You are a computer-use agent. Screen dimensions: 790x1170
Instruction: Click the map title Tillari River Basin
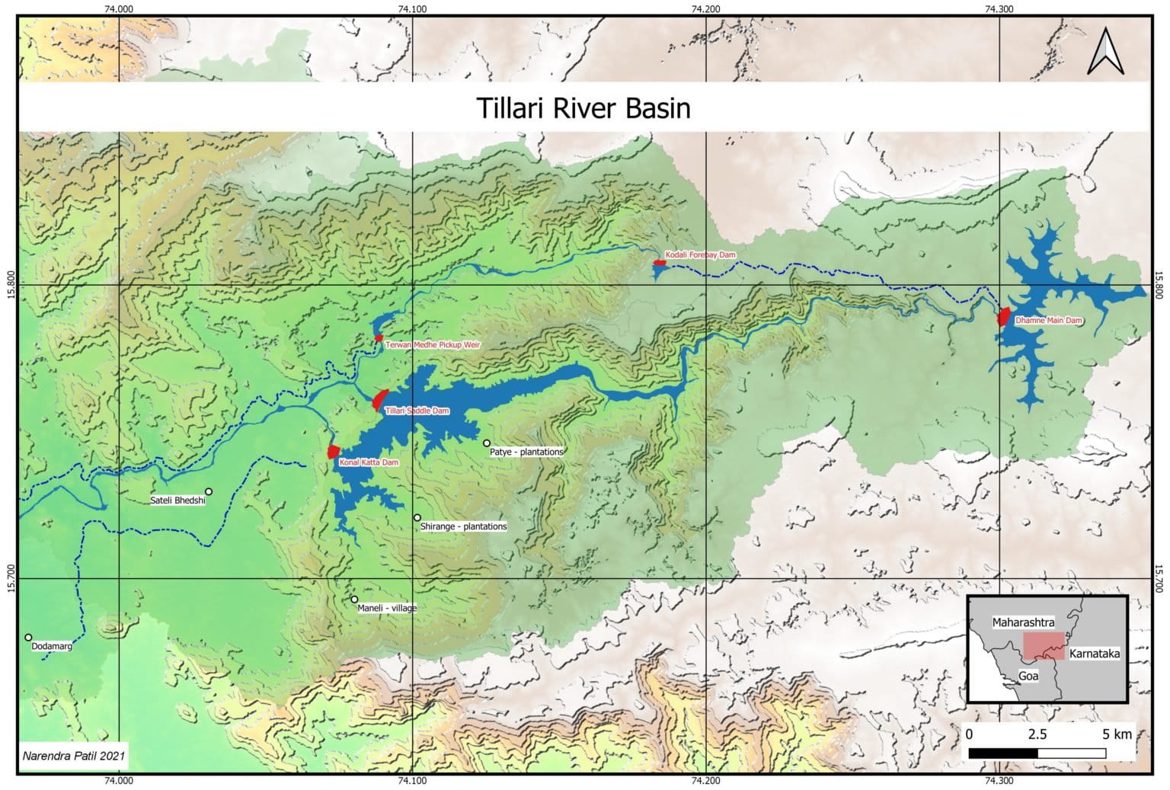pos(583,107)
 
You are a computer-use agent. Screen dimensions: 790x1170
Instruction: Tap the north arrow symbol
pos(1106,51)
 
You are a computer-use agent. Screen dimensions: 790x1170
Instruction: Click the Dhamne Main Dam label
pos(1049,321)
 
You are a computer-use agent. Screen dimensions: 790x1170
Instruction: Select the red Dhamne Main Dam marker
pos(1003,316)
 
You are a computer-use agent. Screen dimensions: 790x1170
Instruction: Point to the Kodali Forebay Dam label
pos(700,254)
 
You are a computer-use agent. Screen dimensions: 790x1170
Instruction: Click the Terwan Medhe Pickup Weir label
pos(433,345)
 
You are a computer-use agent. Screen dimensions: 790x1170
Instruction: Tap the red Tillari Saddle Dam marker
pos(380,399)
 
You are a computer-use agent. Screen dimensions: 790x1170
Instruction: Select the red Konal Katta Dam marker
pos(333,451)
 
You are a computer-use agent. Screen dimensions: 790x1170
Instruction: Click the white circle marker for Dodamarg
pos(28,638)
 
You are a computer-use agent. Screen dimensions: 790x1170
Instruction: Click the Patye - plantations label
pos(526,452)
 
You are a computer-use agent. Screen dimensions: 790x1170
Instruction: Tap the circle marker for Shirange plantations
pos(417,517)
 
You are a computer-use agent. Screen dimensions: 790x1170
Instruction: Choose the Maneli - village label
pos(388,608)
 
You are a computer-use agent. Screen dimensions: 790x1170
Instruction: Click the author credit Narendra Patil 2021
pos(74,756)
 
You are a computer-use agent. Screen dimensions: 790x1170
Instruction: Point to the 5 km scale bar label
pos(1117,734)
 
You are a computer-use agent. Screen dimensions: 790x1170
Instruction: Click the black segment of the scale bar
pos(1002,753)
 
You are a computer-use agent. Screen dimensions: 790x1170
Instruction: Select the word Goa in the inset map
pos(1028,676)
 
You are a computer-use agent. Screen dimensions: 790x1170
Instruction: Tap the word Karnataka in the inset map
pos(1094,654)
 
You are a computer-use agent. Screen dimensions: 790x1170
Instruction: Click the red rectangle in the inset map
pos(1042,644)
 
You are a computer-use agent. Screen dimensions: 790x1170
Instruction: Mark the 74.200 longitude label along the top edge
pos(706,9)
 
